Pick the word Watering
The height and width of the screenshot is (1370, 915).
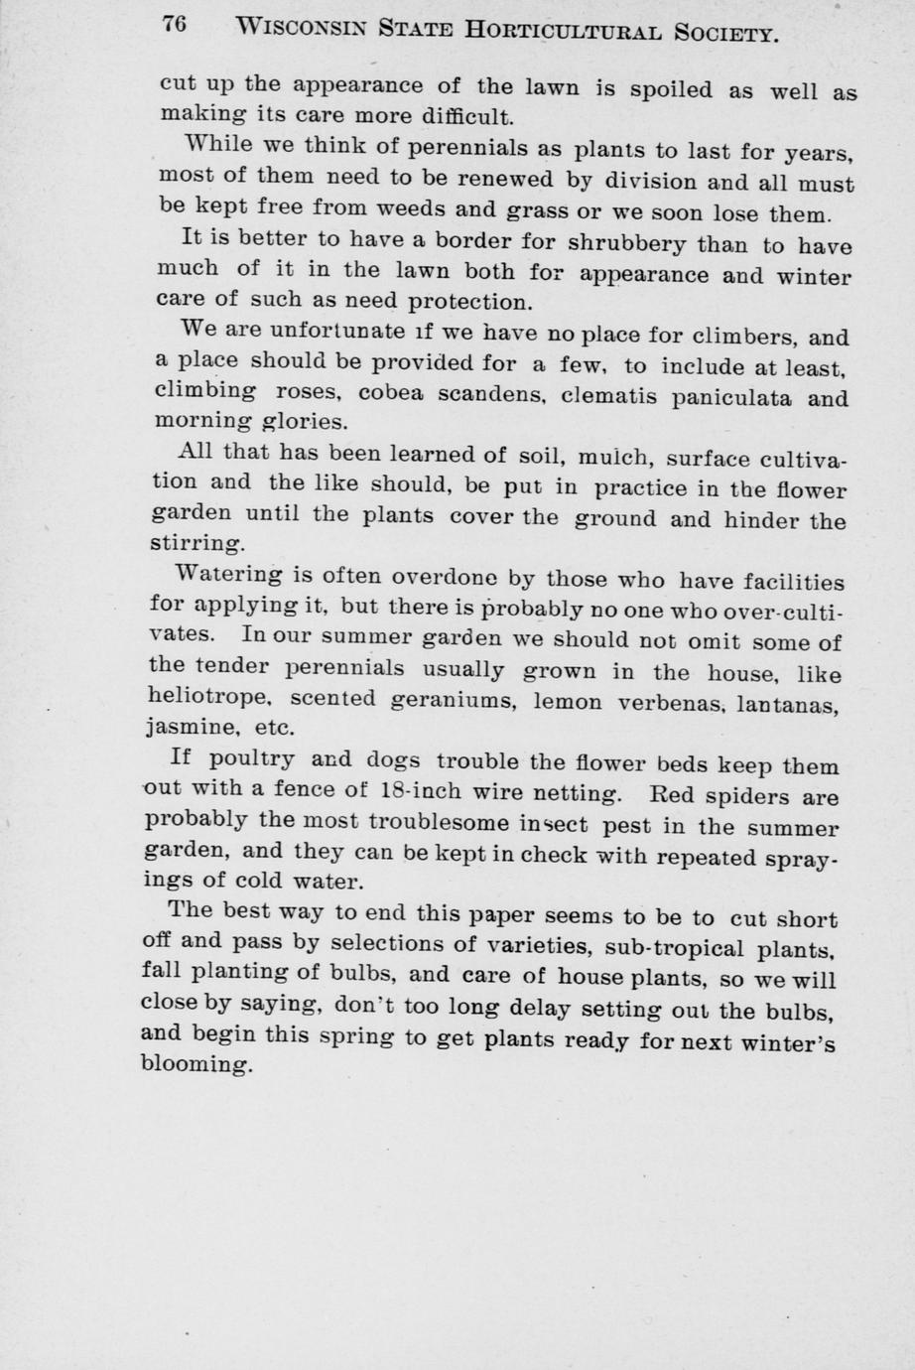[x=227, y=574]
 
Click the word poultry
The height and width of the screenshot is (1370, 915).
[x=252, y=760]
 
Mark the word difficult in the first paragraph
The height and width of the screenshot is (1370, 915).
[x=463, y=117]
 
